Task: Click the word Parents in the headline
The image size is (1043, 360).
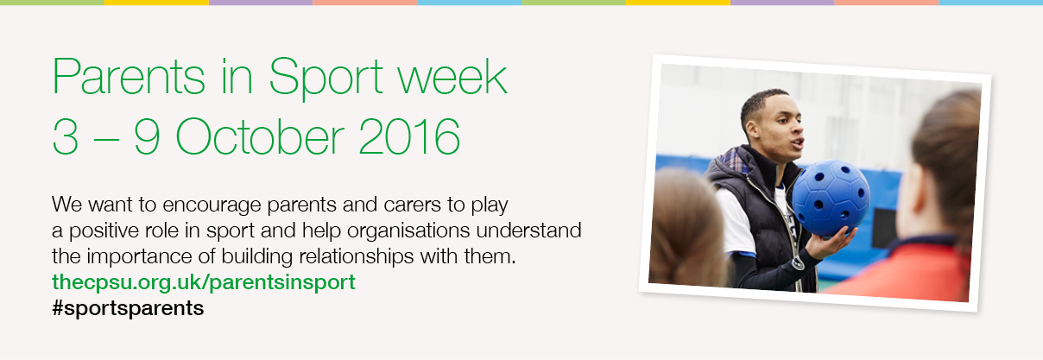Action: [x=129, y=77]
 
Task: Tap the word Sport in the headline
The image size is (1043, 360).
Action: [x=326, y=79]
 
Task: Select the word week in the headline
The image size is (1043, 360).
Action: [x=452, y=77]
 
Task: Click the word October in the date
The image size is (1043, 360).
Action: [x=260, y=136]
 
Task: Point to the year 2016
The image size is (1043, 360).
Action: [x=410, y=136]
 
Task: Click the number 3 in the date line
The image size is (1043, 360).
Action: [x=66, y=137]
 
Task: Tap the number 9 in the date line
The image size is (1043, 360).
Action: [x=147, y=137]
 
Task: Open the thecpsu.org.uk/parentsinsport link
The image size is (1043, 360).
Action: [x=204, y=282]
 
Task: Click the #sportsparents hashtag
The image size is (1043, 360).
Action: [x=128, y=308]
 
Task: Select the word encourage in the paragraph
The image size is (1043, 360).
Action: [x=212, y=205]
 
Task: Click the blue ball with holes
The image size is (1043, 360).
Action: [x=831, y=196]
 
